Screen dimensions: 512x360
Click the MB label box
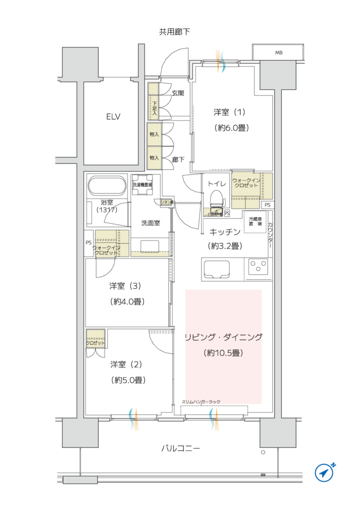point(278,52)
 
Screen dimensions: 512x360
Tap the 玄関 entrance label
point(178,93)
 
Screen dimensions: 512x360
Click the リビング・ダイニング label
point(223,337)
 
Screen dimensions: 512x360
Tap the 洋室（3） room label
point(126,286)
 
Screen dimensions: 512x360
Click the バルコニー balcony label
point(180,448)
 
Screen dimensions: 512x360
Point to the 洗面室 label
point(150,223)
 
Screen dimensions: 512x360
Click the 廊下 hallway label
point(178,160)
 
